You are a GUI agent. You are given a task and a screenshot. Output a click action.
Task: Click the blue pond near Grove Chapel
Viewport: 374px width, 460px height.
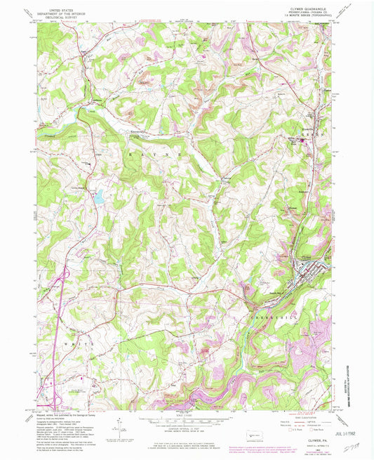pyautogui.click(x=100, y=197)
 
